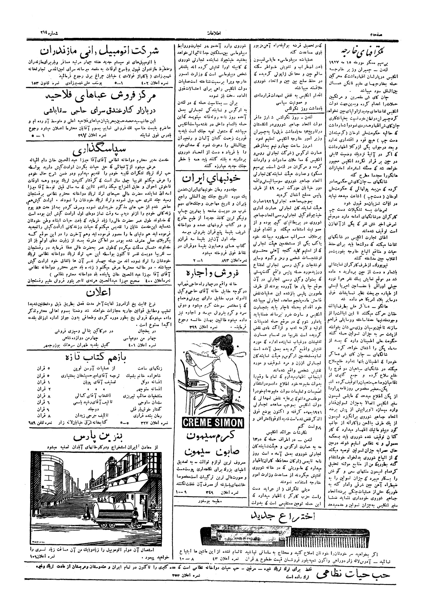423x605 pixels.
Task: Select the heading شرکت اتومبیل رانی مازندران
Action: pyautogui.click(x=101, y=52)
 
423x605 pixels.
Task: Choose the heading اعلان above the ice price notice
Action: pyautogui.click(x=101, y=293)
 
